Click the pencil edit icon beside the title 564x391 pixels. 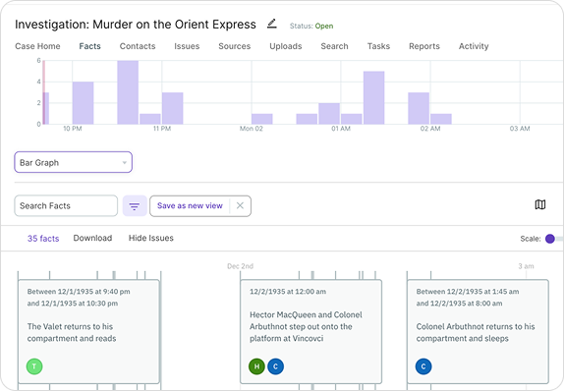272,24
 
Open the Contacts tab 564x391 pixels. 138,46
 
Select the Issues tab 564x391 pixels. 187,46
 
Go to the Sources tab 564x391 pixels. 234,46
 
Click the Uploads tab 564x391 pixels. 285,46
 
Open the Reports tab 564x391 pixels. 424,46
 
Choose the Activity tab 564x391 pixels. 474,46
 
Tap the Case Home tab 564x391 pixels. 37,46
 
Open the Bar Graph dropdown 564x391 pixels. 73,162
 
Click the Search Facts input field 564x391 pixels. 66,205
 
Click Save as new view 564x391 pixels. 190,205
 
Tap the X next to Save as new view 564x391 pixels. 241,205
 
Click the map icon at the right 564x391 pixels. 540,204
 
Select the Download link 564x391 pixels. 92,238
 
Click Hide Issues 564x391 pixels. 150,238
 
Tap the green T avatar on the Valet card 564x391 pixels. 34,366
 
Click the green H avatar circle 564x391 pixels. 256,366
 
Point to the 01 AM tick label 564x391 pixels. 341,129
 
